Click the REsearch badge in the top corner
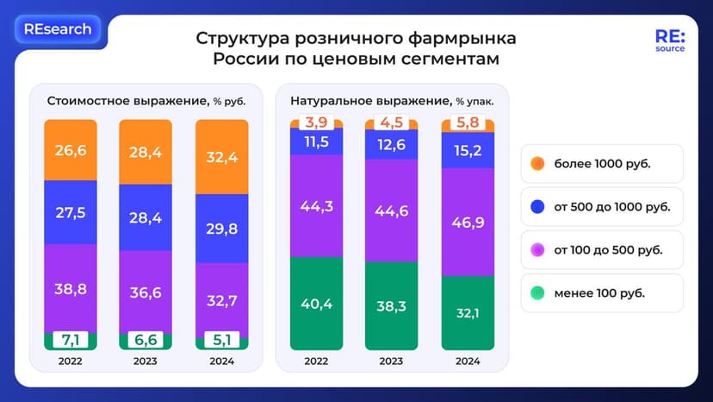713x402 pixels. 58,29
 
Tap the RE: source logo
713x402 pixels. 669,41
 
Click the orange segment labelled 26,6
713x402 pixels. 71,150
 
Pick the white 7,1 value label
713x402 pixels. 71,340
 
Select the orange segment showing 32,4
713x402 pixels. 222,157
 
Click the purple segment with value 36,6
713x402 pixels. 146,292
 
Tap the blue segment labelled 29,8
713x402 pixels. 222,229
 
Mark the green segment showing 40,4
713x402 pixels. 316,304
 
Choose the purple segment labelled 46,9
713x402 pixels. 468,222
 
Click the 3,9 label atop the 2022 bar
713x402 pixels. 316,122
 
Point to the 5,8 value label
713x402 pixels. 468,124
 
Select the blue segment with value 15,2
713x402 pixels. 468,150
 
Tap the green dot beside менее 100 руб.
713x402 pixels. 537,292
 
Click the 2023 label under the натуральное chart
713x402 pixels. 392,361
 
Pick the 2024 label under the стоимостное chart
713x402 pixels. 222,361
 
